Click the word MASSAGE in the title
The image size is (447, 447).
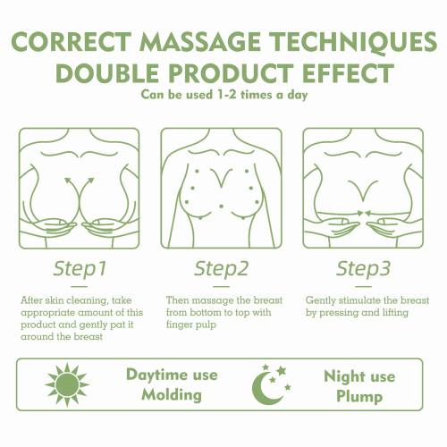tap(200, 41)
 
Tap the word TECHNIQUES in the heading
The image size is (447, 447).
tap(354, 42)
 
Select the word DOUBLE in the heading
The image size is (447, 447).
tap(107, 73)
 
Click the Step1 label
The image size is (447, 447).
tap(80, 269)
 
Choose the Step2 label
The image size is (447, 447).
tap(221, 269)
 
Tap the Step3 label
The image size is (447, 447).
tap(363, 269)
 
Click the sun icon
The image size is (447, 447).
tap(67, 384)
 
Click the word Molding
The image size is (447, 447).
tap(172, 395)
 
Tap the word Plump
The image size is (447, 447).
tap(359, 397)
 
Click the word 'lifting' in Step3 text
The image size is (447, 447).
tap(395, 313)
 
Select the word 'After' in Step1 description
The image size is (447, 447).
tap(32, 300)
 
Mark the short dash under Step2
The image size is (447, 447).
tap(221, 287)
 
